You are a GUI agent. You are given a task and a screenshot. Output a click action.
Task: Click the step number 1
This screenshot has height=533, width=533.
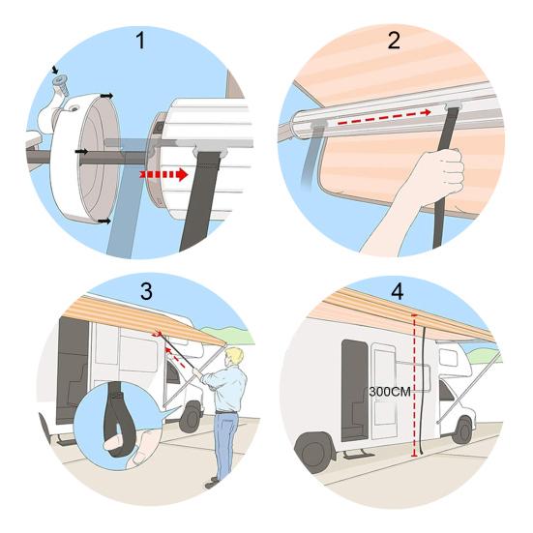[140, 41]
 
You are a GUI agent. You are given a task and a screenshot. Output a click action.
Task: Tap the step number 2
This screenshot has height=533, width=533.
[394, 41]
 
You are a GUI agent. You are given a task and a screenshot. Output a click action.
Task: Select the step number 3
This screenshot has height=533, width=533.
[146, 291]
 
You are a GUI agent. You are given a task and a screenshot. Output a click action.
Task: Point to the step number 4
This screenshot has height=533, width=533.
[398, 291]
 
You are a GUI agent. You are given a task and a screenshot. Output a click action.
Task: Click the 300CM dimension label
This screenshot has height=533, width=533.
[390, 392]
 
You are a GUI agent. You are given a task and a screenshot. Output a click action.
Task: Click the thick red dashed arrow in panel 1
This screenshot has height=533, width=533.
[163, 174]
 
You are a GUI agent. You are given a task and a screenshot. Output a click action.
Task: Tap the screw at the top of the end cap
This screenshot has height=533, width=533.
[61, 85]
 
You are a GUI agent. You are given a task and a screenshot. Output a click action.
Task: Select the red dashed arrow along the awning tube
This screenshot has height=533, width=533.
[384, 117]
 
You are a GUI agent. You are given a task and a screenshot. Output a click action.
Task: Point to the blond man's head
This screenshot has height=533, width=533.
[234, 358]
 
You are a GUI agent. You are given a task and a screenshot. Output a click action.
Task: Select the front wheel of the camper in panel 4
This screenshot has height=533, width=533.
[462, 430]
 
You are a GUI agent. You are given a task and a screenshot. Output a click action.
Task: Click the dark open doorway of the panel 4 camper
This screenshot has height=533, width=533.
[354, 390]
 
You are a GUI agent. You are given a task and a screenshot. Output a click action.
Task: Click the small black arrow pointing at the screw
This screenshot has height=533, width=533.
[55, 70]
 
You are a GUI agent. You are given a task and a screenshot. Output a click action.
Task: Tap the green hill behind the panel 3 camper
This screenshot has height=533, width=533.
[228, 335]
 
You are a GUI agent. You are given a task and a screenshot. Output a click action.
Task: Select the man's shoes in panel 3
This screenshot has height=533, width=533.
[213, 483]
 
